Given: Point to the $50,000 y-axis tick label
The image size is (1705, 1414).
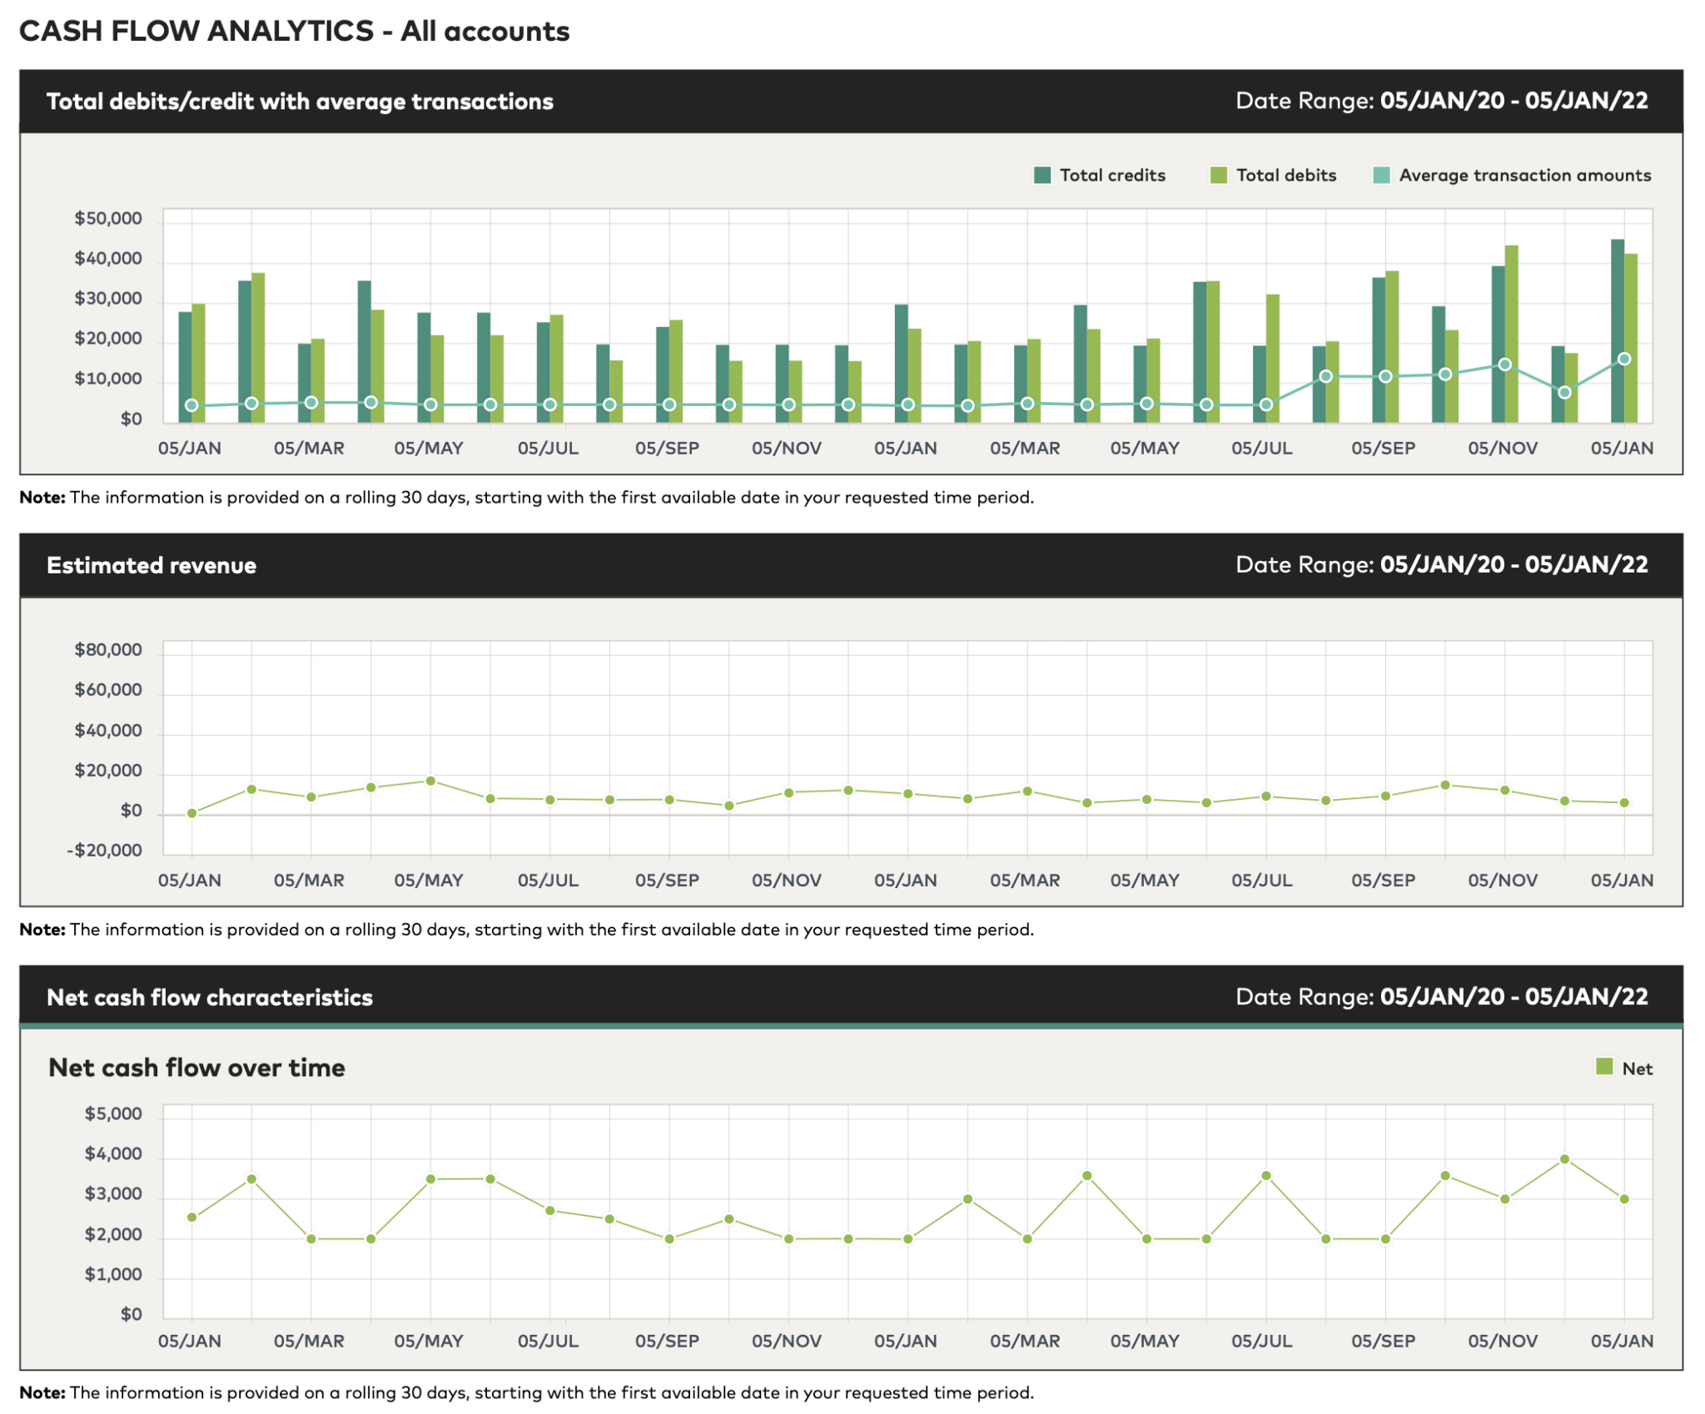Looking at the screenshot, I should click(108, 219).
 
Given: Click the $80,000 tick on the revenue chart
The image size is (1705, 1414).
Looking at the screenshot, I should click(108, 650).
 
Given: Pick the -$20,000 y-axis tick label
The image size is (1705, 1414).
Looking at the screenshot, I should click(105, 851).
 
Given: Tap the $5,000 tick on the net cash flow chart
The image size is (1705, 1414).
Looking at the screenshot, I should click(113, 1114).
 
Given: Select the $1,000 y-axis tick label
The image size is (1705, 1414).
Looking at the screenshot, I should click(113, 1275).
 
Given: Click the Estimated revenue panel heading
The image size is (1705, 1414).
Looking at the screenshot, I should click(152, 566).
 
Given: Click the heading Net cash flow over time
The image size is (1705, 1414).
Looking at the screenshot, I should click(196, 1068).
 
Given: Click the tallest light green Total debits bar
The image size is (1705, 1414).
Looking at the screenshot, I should click(1512, 333).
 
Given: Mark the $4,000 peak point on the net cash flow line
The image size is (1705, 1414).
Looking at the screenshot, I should click(1565, 1159).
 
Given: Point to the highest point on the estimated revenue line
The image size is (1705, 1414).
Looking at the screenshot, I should click(430, 781).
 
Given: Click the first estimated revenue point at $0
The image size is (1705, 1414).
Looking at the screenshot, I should click(192, 813).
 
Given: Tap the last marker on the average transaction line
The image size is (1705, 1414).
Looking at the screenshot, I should click(1624, 360).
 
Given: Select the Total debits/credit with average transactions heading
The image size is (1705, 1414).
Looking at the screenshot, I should click(300, 102).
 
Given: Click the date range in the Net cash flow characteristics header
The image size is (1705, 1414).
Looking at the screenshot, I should click(1441, 997).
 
